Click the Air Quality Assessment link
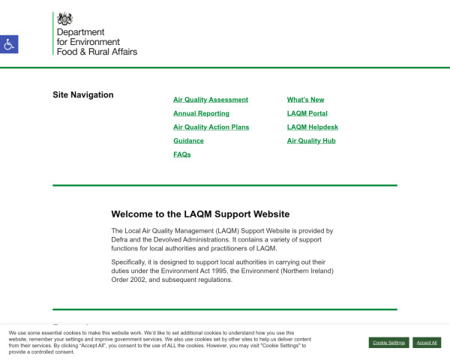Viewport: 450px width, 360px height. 210,100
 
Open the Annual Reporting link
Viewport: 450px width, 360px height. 201,113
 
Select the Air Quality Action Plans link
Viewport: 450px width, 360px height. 211,127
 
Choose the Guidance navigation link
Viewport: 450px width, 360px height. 188,141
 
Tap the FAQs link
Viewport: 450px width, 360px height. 182,154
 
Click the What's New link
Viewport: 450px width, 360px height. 305,100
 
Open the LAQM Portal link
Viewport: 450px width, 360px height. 307,113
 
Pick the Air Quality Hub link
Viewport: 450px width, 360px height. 310,141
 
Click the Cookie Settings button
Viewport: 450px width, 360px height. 388,342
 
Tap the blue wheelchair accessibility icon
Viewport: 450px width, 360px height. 9,44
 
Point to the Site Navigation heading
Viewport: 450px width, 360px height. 83,95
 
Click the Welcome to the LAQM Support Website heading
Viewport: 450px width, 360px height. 200,214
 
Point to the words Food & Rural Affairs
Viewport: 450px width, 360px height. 97,52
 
